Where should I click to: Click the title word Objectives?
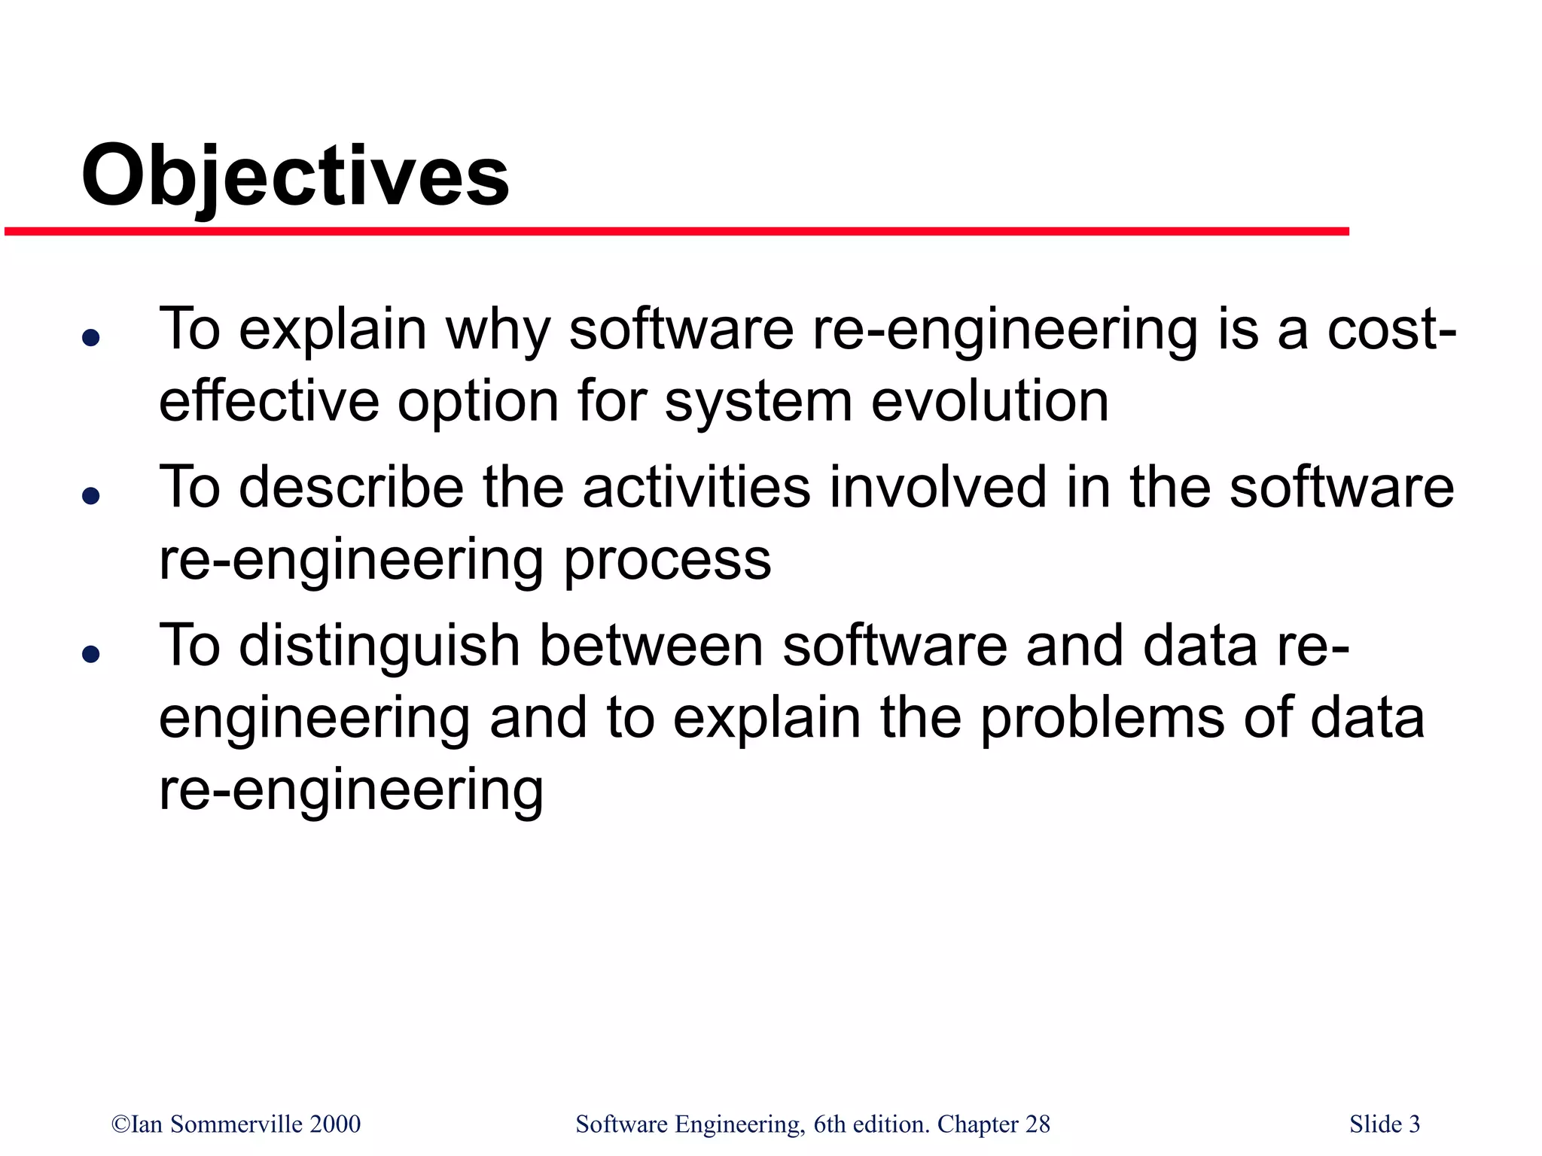(x=295, y=177)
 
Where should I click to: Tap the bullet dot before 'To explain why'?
(x=91, y=337)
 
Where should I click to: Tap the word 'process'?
(x=667, y=561)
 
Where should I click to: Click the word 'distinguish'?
(x=379, y=646)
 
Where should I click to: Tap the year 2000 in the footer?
(x=336, y=1124)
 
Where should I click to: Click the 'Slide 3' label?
(x=1384, y=1124)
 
